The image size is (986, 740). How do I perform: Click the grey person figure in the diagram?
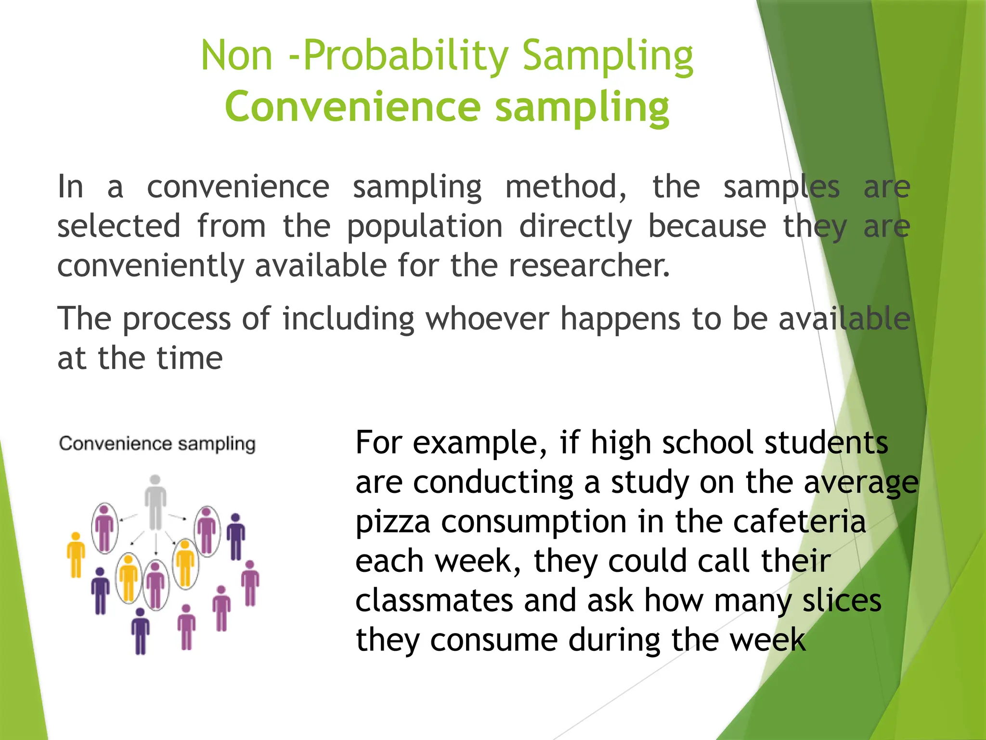click(155, 503)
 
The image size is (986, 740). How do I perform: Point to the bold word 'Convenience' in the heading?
click(353, 106)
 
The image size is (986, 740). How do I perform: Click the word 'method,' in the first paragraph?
click(566, 187)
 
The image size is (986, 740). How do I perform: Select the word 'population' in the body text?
click(425, 226)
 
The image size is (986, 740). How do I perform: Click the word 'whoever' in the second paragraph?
click(487, 319)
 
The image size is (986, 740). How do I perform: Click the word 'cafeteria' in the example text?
click(799, 522)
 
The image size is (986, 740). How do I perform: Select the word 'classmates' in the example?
click(434, 601)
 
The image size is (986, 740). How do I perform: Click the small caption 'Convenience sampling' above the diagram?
click(157, 444)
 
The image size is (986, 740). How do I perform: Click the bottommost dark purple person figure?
click(140, 631)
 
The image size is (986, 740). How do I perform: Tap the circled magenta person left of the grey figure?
click(104, 527)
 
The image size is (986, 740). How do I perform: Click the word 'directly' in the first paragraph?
click(575, 226)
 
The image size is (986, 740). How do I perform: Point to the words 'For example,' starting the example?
click(452, 443)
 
